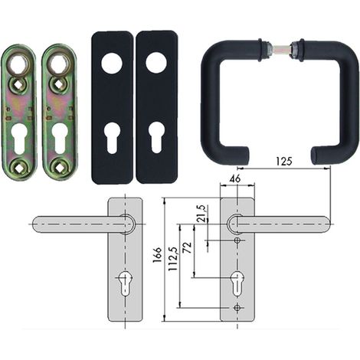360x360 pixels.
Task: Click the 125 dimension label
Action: [x=284, y=162]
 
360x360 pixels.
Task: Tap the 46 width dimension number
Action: [x=235, y=179]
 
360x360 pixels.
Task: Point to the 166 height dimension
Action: [x=157, y=254]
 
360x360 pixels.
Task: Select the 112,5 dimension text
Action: [x=173, y=259]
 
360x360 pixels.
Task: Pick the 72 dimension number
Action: [x=187, y=247]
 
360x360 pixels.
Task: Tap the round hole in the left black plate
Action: [x=112, y=64]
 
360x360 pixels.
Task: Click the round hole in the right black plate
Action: [x=156, y=64]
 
